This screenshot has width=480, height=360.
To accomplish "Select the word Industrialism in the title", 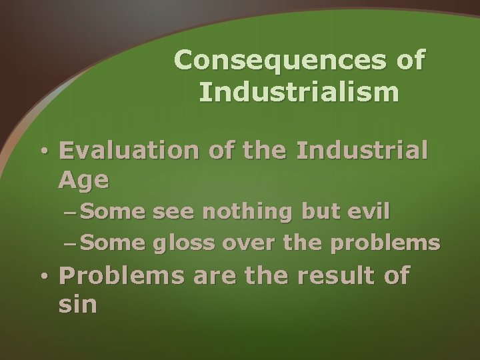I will tap(299, 92).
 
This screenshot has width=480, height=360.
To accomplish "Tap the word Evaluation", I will tap(129, 151).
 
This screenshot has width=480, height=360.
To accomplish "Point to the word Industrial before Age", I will tap(361, 151).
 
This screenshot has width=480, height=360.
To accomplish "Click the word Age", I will tap(83, 180).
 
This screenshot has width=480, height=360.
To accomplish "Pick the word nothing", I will tap(247, 213).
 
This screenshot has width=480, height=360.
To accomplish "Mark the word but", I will tap(316, 213).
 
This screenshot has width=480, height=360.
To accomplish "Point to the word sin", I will tap(77, 305).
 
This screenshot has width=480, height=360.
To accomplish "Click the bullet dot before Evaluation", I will tap(44, 152).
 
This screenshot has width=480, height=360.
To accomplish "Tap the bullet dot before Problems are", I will tap(44, 276).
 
